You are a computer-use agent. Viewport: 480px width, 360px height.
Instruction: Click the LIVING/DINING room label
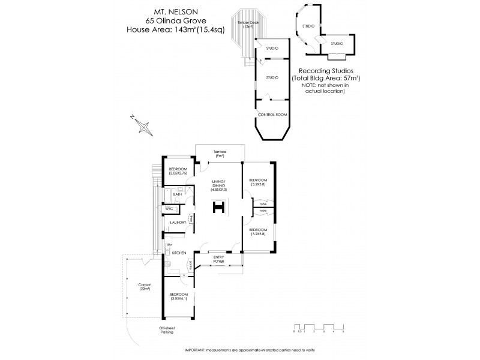tap(219, 184)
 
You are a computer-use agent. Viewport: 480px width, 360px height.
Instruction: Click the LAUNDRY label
tap(177, 223)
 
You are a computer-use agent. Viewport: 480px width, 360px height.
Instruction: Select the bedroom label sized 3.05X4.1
tap(179, 296)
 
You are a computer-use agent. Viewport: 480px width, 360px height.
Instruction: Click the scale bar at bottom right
tap(318, 328)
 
